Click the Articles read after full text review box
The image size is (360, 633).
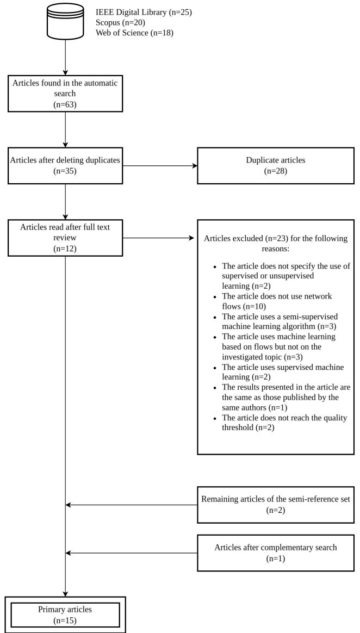click(65, 238)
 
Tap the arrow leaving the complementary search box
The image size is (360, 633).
click(131, 554)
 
